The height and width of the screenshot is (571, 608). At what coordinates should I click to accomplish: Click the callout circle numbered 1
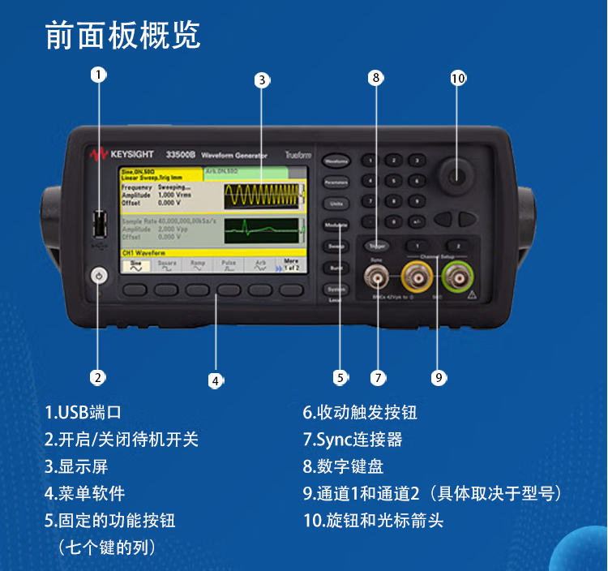pos(97,75)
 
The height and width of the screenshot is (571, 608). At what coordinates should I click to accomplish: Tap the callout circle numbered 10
pos(458,78)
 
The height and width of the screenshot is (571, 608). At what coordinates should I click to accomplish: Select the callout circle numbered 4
pos(216,379)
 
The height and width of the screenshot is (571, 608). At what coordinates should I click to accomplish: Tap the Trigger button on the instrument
pos(376,244)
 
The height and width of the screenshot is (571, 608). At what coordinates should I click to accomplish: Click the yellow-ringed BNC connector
pos(416,281)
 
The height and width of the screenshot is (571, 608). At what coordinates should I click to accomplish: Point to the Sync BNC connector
pos(377,281)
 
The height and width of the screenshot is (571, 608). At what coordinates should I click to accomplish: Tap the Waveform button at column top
pos(336,161)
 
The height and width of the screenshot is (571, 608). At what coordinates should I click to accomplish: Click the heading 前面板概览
pos(122,35)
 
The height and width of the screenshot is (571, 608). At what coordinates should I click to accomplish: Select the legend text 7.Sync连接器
pos(353,440)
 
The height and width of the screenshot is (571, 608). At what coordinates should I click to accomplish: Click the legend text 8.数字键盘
pos(343,466)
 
